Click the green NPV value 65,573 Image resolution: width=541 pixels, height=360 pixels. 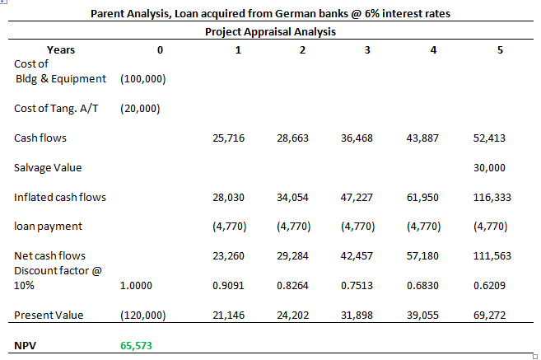[136, 345]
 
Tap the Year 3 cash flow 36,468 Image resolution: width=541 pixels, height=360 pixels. [357, 138]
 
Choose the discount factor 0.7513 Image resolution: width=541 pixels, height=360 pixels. [357, 286]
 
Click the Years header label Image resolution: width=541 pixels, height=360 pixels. [61, 50]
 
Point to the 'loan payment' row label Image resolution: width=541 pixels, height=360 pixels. [48, 227]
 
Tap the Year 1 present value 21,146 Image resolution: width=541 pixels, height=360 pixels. [228, 316]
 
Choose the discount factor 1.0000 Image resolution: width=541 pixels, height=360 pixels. [136, 286]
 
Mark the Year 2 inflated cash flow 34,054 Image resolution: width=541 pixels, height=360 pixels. [293, 198]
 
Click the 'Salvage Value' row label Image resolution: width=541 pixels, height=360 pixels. [48, 168]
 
